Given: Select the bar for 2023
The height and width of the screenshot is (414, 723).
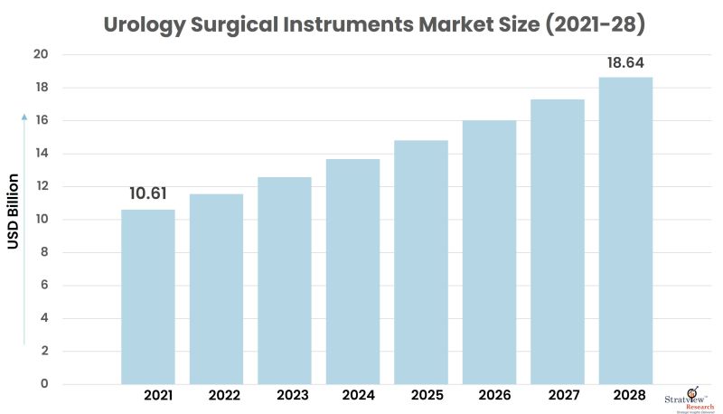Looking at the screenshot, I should pyautogui.click(x=285, y=280).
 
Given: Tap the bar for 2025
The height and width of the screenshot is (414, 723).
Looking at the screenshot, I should pyautogui.click(x=420, y=262).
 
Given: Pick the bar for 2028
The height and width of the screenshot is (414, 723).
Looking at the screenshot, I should pyautogui.click(x=625, y=231).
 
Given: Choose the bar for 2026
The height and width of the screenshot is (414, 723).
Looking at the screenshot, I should pyautogui.click(x=489, y=252).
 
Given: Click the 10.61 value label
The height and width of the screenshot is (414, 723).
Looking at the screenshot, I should pyautogui.click(x=148, y=193).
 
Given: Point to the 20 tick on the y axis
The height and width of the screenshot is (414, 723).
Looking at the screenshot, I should pyautogui.click(x=42, y=55).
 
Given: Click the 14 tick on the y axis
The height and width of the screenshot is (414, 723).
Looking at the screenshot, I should pyautogui.click(x=42, y=154).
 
